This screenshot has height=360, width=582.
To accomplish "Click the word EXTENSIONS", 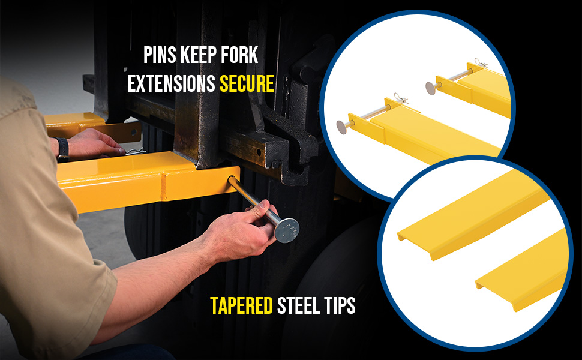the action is [172, 83].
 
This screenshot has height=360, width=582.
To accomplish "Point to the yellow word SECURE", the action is [247, 83].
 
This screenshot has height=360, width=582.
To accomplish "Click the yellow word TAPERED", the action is [242, 305].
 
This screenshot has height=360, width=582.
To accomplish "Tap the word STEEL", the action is [298, 305].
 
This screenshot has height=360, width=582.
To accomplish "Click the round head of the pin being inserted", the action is [287, 230].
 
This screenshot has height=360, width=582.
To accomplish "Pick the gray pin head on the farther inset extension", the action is [431, 88].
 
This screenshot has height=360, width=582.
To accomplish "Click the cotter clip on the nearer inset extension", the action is [400, 98].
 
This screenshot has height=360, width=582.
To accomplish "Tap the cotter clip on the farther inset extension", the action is [481, 63].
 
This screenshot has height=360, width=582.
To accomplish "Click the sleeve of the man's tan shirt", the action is [56, 267].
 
